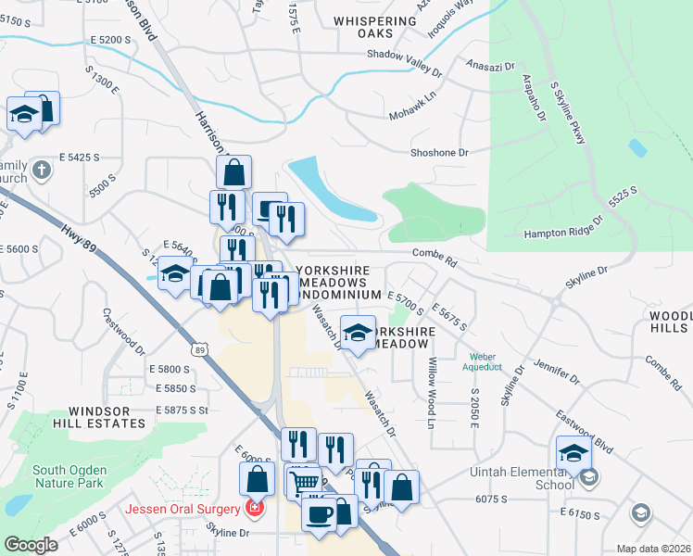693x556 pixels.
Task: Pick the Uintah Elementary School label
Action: coord(529,478)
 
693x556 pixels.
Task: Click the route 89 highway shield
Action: coord(200,349)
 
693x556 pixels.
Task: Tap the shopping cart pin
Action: coord(303,482)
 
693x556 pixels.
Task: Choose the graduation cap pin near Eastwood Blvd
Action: coord(574,454)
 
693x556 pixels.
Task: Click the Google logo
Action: coord(31,545)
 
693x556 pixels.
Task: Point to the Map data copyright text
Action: coord(653,549)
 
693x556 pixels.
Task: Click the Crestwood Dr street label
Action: coord(124,332)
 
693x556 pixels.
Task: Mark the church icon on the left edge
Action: coord(40,171)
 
